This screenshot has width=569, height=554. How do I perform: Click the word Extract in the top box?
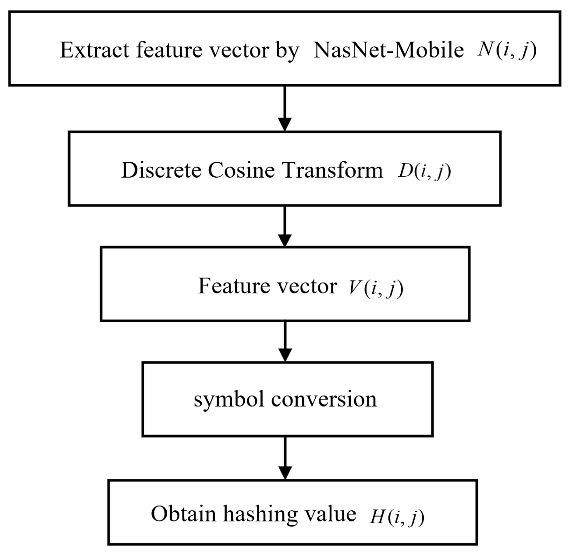pos(94,50)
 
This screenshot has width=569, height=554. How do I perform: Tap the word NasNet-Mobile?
pos(388,50)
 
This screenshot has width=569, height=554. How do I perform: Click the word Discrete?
pos(161,170)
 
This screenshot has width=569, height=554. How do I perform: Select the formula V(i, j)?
pos(376,288)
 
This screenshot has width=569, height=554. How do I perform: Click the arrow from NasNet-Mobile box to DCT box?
pos(285,108)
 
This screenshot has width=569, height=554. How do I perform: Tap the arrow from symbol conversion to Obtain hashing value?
pos(285,458)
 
